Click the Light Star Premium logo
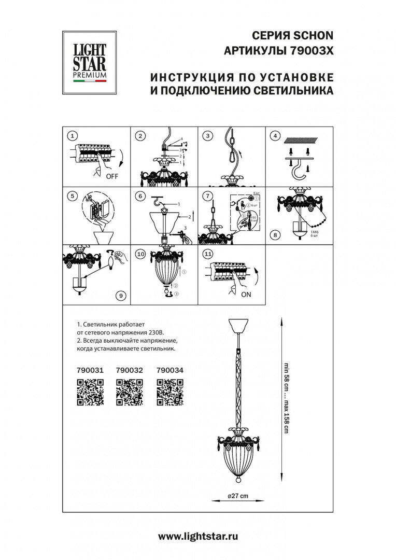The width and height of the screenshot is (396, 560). click(x=84, y=62)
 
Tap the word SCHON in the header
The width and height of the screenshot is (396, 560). click(x=314, y=36)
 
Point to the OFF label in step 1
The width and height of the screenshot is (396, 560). click(x=112, y=176)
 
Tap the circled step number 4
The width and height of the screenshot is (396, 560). click(x=276, y=136)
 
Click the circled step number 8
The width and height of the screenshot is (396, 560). click(x=275, y=235)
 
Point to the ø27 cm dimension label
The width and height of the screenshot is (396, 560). click(x=238, y=496)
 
